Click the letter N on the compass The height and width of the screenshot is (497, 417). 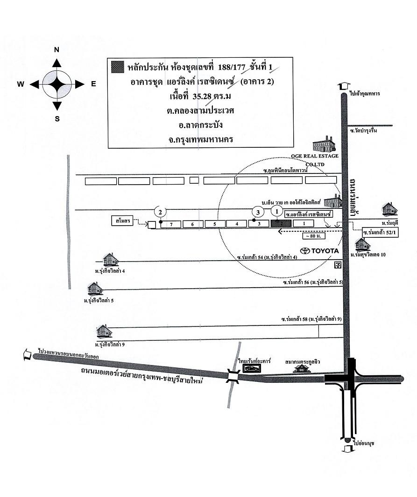tap(57, 50)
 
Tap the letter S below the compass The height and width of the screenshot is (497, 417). tap(57, 118)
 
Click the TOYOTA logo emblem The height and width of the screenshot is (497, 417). tap(305, 250)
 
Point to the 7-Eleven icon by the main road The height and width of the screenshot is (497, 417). tap(337, 264)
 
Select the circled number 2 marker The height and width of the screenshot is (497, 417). tap(160, 212)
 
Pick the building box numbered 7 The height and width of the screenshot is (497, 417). tap(171, 224)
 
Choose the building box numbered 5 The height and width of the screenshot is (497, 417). tap(214, 224)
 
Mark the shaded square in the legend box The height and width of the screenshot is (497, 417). tap(118, 67)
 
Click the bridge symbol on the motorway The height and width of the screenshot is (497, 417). tap(233, 376)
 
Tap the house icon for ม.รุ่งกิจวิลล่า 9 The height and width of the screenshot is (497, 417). tap(104, 331)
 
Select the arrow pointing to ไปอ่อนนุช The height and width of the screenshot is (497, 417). tap(346, 448)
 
